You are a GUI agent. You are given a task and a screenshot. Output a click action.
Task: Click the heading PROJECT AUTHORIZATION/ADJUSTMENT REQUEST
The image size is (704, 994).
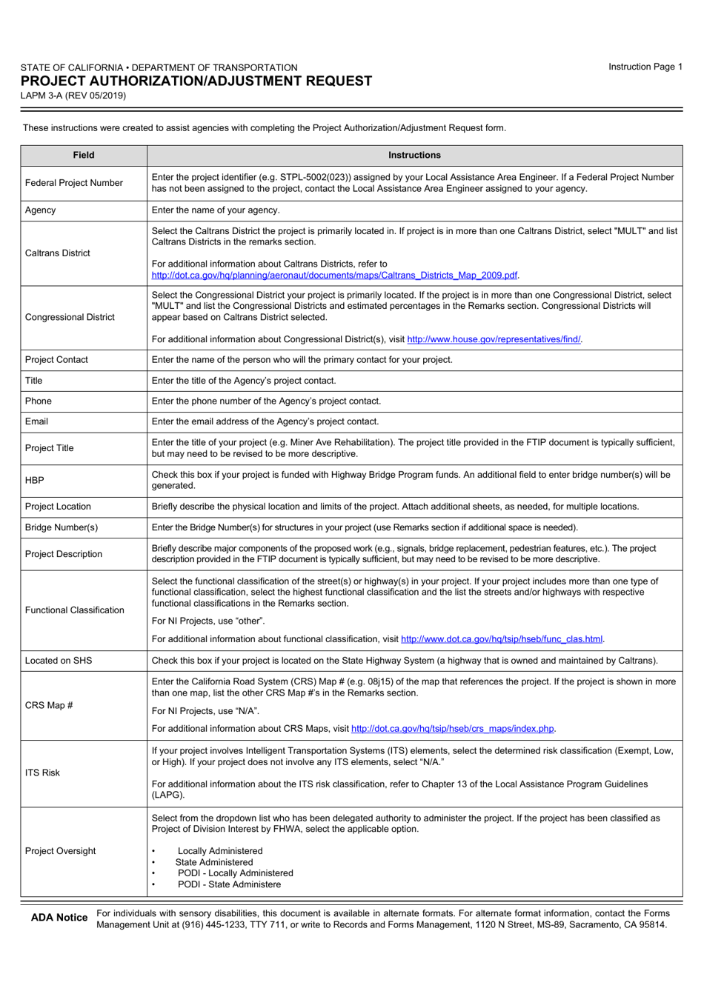click(x=196, y=81)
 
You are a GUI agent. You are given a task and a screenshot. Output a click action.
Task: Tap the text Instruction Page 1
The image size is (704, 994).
click(x=645, y=67)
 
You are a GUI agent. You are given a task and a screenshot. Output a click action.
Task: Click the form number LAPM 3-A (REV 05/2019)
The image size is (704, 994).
click(x=73, y=96)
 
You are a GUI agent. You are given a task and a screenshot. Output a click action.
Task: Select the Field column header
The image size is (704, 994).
click(x=84, y=156)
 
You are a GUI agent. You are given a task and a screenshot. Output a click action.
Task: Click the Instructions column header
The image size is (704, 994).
click(x=414, y=156)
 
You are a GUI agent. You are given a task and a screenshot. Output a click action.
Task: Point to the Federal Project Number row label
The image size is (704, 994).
click(x=74, y=183)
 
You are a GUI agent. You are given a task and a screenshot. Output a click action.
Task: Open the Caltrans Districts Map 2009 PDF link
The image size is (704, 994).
click(x=334, y=276)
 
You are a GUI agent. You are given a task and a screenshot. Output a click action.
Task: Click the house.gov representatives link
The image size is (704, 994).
click(x=494, y=339)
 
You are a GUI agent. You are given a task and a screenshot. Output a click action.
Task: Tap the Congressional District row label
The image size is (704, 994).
click(x=70, y=317)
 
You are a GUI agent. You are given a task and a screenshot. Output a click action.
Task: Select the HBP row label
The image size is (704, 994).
click(x=35, y=480)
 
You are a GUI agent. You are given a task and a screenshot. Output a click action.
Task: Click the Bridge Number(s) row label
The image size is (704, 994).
click(x=62, y=527)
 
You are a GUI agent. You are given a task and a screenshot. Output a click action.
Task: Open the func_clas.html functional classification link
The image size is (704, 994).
click(x=502, y=639)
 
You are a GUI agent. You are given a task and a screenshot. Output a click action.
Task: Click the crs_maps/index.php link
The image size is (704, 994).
click(x=453, y=729)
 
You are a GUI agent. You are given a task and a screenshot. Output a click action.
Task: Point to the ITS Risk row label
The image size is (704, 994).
click(x=42, y=773)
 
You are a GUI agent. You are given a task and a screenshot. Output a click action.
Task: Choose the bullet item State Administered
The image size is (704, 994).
click(x=214, y=862)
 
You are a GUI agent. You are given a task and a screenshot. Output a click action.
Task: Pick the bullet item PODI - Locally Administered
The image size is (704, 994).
click(x=235, y=873)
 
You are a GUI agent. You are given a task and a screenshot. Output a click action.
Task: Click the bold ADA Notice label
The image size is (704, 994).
click(x=59, y=918)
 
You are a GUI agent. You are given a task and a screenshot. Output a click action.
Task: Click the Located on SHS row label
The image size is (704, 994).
click(x=59, y=661)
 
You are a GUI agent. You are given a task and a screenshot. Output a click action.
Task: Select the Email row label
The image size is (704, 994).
click(x=36, y=421)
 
